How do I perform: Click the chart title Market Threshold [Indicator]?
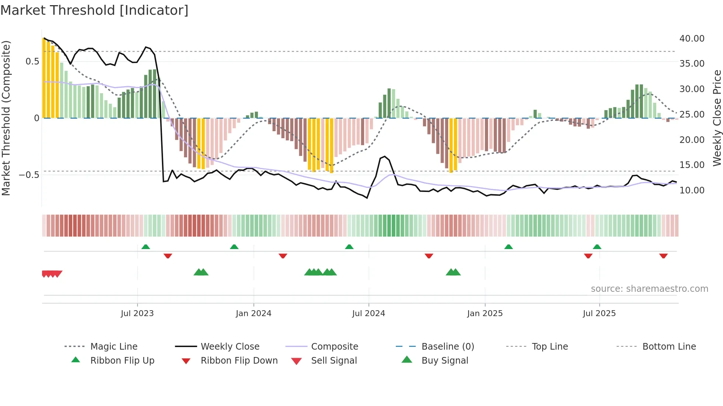94,10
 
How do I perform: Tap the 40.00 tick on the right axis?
692,38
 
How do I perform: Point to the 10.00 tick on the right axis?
692,190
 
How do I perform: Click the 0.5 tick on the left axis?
32,61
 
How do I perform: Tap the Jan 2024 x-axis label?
253,314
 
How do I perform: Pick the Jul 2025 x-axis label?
599,314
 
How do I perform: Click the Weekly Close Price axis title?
717,118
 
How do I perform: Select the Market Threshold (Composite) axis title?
6,118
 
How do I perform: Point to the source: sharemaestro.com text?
649,289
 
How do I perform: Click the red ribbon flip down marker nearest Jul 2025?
588,256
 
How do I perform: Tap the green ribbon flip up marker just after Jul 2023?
146,246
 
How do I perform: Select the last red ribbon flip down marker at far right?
663,256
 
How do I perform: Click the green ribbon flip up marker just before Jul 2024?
349,246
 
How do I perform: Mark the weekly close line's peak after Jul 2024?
385,157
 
